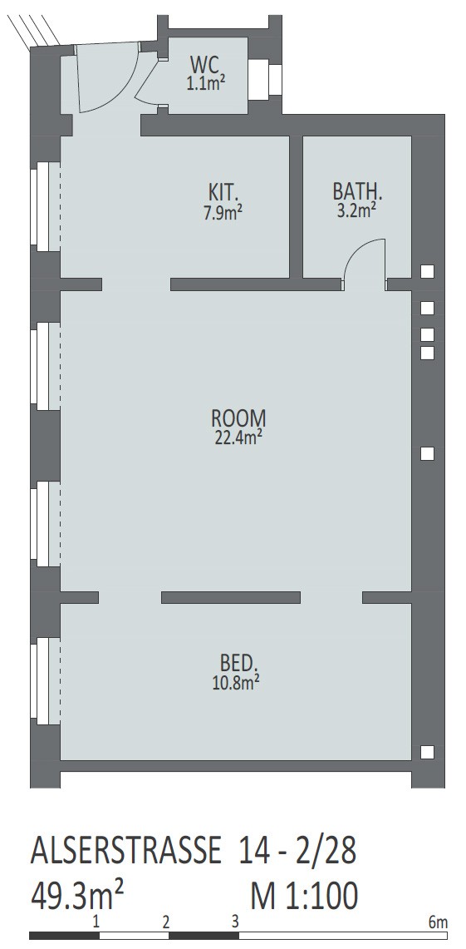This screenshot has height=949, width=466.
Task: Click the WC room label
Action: pyautogui.click(x=204, y=63)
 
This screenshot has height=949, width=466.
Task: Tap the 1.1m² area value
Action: pyautogui.click(x=205, y=82)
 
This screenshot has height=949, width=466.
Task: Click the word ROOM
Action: pyautogui.click(x=238, y=418)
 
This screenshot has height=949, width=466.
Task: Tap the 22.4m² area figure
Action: pyautogui.click(x=238, y=437)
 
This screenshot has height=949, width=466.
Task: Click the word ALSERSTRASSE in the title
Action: pyautogui.click(x=125, y=851)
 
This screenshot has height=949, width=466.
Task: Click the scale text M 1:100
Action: pyautogui.click(x=303, y=895)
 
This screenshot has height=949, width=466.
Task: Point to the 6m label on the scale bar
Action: pyautogui.click(x=439, y=922)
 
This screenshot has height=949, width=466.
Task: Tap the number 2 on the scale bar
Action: pyautogui.click(x=165, y=922)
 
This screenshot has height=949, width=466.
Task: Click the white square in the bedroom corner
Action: pyautogui.click(x=427, y=752)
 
